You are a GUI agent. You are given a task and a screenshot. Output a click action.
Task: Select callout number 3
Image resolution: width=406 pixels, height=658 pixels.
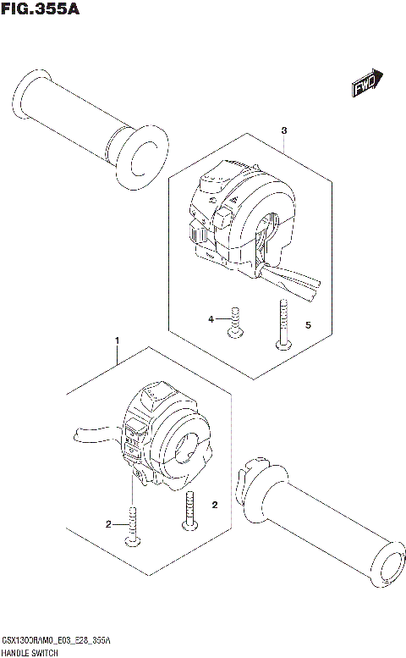click(x=284, y=131)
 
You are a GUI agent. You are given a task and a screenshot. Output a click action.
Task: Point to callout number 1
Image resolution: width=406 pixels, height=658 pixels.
click(x=116, y=340)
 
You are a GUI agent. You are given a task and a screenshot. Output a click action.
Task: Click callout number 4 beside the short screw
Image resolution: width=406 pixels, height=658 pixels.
click(x=212, y=319)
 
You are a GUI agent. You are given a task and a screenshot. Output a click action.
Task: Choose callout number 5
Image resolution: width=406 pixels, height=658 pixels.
click(x=308, y=324)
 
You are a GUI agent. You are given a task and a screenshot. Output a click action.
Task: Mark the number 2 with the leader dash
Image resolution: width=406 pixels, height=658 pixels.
click(x=109, y=525)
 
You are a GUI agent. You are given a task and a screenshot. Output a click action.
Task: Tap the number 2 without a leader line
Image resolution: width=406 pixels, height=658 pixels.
click(x=215, y=505)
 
